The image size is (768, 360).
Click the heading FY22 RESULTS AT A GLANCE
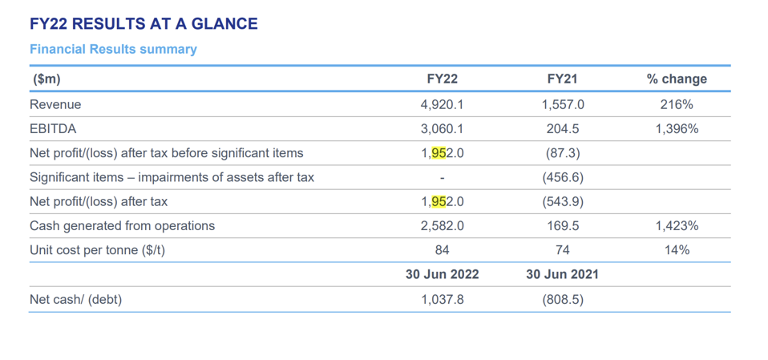tap(143, 23)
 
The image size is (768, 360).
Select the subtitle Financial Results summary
tap(113, 50)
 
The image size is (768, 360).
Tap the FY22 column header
tap(443, 79)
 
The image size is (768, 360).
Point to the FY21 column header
tap(563, 79)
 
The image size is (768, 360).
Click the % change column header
tap(677, 79)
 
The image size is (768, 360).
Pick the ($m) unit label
tap(46, 79)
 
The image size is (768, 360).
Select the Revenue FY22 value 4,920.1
tap(443, 105)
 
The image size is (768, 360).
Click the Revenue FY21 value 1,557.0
tap(563, 105)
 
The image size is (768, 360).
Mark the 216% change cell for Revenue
tap(677, 105)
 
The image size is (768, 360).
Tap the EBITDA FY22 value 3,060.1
tap(443, 129)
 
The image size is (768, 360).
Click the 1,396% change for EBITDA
tap(677, 129)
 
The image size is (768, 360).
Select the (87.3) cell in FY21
tap(563, 153)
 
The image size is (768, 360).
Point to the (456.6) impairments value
tap(563, 177)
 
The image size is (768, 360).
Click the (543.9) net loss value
tap(563, 202)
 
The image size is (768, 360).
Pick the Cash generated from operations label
tap(123, 226)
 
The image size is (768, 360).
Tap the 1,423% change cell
tap(677, 226)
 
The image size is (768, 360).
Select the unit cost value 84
tap(443, 250)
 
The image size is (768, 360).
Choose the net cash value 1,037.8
tap(443, 299)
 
